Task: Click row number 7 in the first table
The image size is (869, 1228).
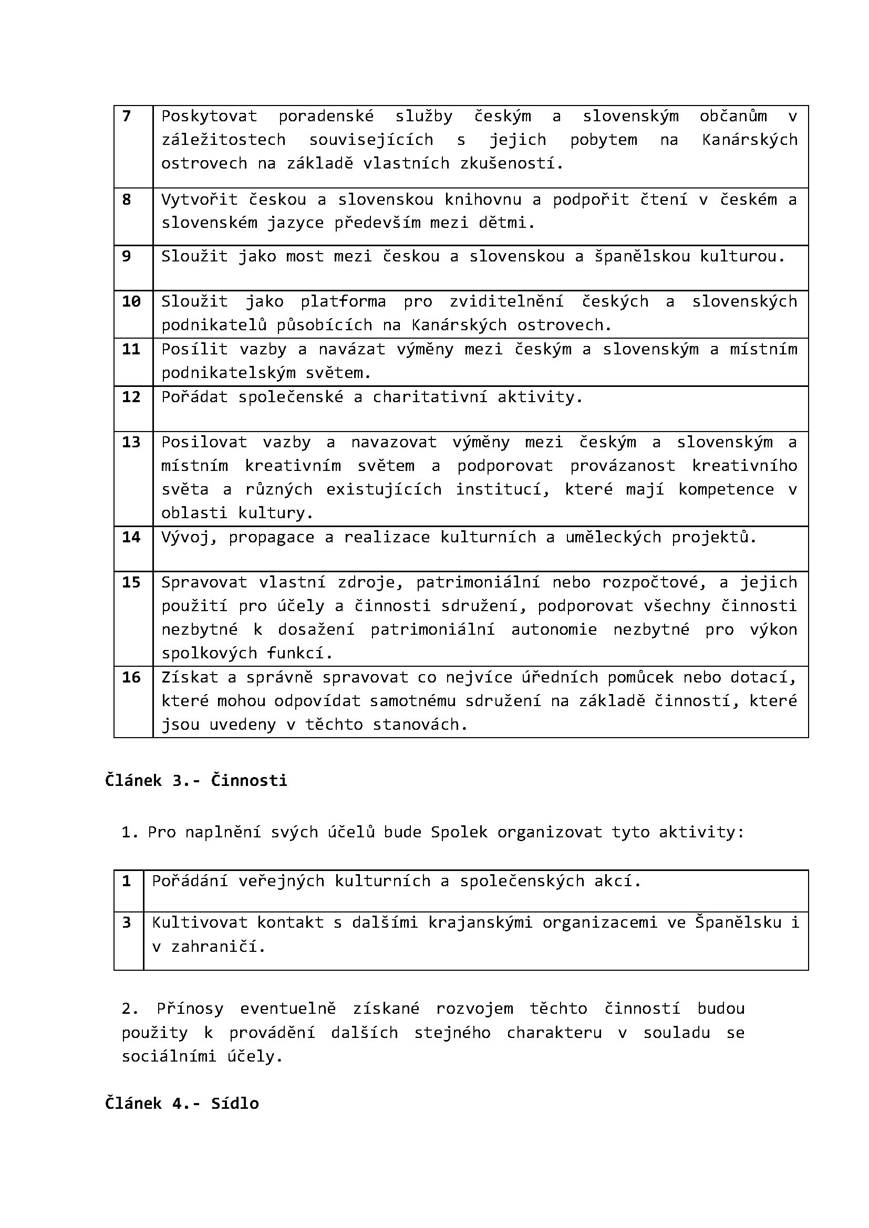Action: click(x=126, y=116)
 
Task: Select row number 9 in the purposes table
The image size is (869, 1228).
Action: click(x=126, y=256)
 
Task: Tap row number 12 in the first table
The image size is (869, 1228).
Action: click(x=131, y=396)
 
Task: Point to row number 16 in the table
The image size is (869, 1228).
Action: click(x=131, y=677)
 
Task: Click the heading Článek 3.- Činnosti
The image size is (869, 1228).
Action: click(x=196, y=780)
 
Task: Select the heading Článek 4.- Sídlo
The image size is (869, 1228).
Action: click(x=182, y=1104)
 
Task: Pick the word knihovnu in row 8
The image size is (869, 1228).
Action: click(x=483, y=200)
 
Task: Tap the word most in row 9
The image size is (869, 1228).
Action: click(x=305, y=256)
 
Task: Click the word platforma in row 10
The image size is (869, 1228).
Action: click(x=343, y=302)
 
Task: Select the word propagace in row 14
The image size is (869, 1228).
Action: click(x=271, y=537)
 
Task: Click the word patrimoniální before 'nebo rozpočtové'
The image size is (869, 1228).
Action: click(x=478, y=582)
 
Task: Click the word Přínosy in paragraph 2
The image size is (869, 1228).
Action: click(x=190, y=1009)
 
